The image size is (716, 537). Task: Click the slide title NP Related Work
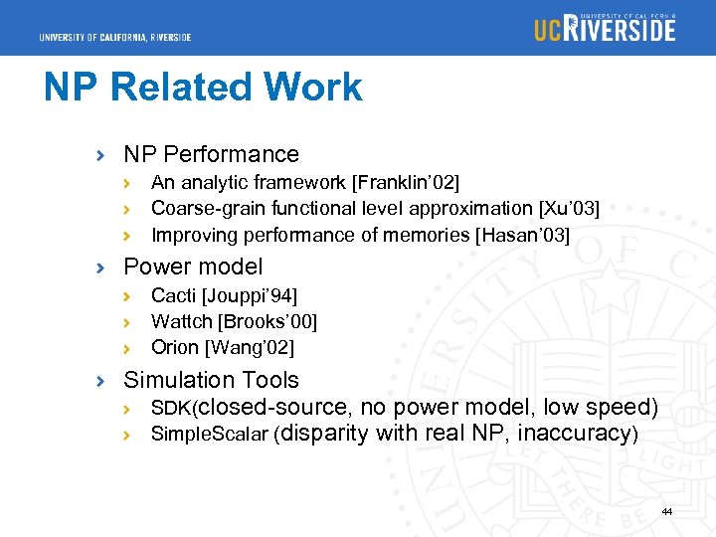[x=203, y=88]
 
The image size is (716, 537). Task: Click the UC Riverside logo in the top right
[x=605, y=27]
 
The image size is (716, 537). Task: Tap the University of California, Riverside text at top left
[x=115, y=38]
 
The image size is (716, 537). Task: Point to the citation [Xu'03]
[x=569, y=208]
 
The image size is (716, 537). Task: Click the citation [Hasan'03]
[x=523, y=235]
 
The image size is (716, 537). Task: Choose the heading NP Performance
[x=211, y=154]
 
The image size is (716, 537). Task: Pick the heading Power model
[x=193, y=267]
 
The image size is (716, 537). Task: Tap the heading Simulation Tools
[x=211, y=380]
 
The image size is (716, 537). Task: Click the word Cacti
[x=174, y=295]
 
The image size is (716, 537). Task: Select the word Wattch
[x=182, y=321]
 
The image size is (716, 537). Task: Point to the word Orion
[x=175, y=348]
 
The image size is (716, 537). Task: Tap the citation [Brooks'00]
[x=268, y=321]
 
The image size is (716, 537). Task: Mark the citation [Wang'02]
[x=250, y=348]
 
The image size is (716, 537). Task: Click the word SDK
[x=170, y=408]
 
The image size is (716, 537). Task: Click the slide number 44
[x=666, y=511]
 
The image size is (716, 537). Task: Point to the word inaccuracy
[x=575, y=434]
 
